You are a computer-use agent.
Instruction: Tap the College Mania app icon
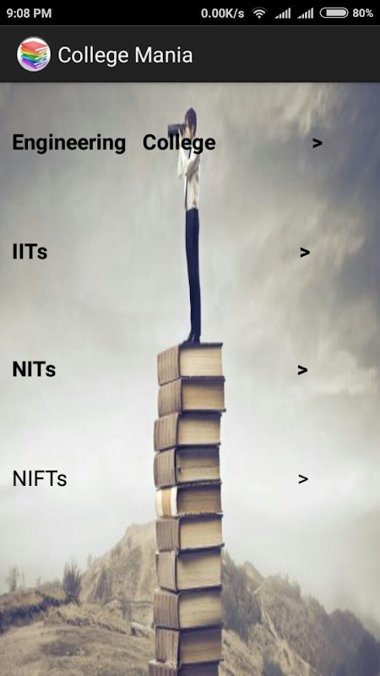point(34,54)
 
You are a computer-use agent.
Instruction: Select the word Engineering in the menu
point(69,144)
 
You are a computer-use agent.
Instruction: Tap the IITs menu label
point(30,252)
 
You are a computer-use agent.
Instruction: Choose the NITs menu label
point(34,369)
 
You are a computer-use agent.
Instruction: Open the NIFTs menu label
point(40,478)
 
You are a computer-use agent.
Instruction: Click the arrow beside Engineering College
point(318,143)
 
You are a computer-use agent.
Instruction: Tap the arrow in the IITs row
point(305,253)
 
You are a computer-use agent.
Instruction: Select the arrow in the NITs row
point(302,370)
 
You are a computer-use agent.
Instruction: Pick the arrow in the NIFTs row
point(303,479)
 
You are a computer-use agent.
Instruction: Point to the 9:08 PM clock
point(29,14)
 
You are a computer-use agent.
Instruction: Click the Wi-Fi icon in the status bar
point(259,14)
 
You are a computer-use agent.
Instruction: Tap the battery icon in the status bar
point(334,13)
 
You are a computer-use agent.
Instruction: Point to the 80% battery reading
point(363,14)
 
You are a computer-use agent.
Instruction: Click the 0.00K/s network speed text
point(222,14)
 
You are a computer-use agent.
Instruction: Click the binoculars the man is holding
point(176,128)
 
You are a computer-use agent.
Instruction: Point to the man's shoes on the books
point(192,339)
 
